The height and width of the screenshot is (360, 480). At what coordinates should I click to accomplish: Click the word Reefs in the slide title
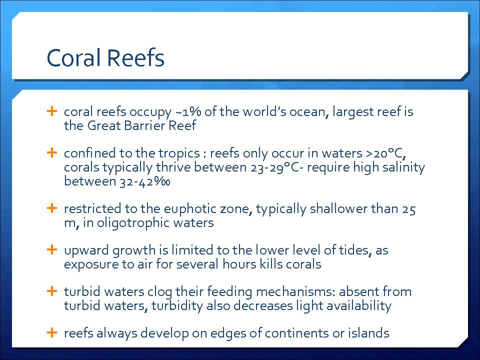coord(135,57)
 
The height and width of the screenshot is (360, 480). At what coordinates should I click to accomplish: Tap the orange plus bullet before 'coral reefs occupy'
coord(52,111)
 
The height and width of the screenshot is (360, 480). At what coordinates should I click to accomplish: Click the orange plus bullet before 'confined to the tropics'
coord(52,152)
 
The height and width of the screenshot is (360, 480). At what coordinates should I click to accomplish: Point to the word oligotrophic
coord(132,222)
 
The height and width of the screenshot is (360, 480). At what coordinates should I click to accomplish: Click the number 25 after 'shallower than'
coord(408,209)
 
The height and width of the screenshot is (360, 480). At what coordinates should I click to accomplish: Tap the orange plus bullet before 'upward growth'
coord(52,249)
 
